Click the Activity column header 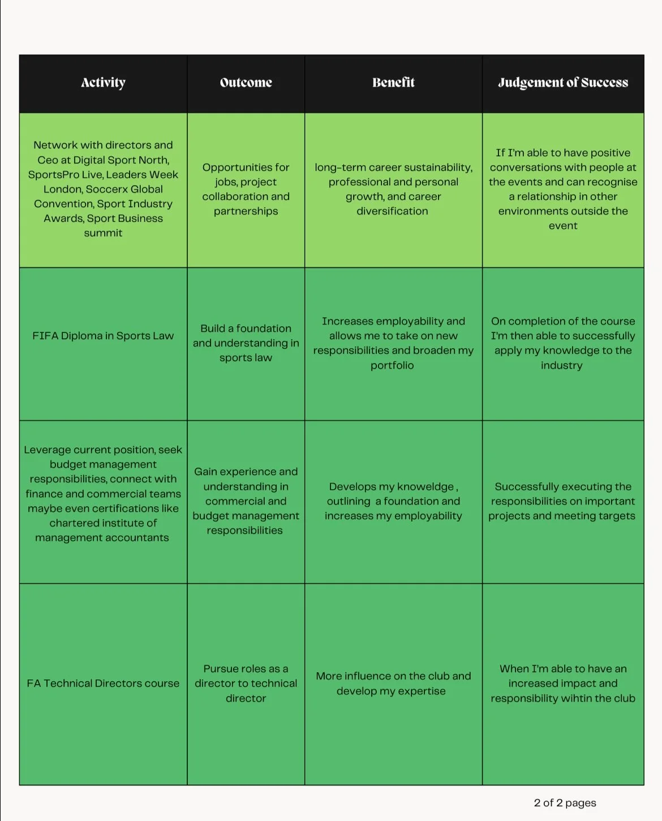(x=103, y=83)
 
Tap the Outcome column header (x=246, y=83)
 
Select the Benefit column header (x=393, y=83)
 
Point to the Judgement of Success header (x=563, y=83)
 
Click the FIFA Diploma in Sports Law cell (x=103, y=336)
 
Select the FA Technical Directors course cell (x=103, y=683)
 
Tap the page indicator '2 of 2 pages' (x=565, y=803)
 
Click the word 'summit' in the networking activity (x=103, y=233)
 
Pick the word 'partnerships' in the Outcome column (x=246, y=211)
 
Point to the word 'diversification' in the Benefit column (x=392, y=211)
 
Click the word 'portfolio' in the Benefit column (x=392, y=365)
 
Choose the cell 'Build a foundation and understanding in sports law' (x=246, y=343)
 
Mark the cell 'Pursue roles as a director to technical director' (x=246, y=683)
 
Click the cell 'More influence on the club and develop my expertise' (x=393, y=683)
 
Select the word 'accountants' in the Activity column (x=135, y=537)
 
